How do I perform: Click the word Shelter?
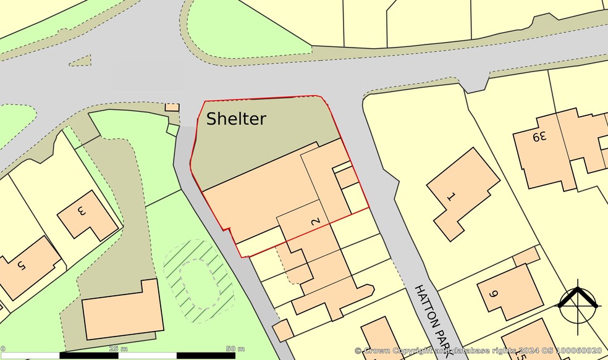236,119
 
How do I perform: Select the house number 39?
540,136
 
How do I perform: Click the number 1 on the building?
450,197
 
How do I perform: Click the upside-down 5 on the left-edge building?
22,266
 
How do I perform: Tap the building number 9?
493,294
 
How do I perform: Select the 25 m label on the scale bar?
114,349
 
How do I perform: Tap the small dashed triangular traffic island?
80,61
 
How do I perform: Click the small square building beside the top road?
172,107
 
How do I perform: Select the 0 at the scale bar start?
2,349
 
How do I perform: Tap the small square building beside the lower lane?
283,330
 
